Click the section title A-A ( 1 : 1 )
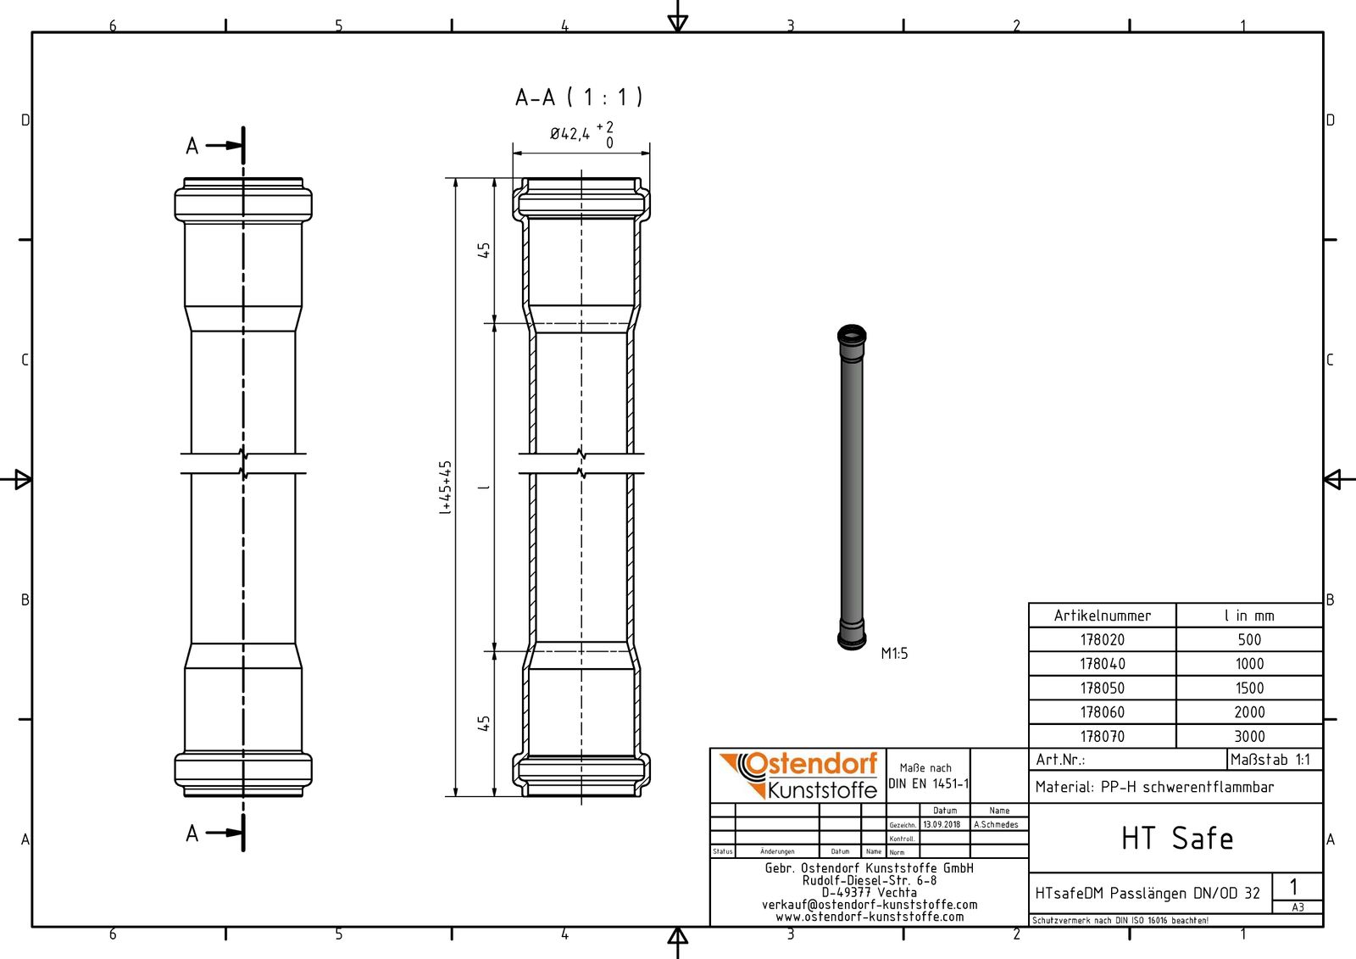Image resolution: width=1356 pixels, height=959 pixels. pos(579,98)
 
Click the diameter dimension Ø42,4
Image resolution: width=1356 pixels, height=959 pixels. pos(570,134)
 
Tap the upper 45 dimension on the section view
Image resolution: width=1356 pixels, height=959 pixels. pos(483,250)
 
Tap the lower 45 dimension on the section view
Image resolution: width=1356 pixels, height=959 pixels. pos(483,723)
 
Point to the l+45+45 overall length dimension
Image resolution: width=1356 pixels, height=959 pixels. pos(445,488)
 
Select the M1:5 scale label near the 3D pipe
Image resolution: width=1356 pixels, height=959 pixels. pos(894,654)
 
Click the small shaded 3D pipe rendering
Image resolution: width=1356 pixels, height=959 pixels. pos(852,488)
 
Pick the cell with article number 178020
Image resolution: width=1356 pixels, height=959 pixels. pos(1102,640)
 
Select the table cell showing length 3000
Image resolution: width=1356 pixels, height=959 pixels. pos(1249,737)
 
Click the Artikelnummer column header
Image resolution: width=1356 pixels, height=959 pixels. pos(1102,616)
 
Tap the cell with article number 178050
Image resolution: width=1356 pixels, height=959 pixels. pos(1102,689)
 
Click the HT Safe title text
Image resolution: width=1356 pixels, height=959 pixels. pos(1176,839)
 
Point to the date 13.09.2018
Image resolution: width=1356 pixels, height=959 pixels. pos(942,824)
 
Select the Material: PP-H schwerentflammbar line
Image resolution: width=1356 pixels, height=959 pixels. pos(1154,788)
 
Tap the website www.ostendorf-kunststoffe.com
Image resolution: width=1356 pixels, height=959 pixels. pos(870,917)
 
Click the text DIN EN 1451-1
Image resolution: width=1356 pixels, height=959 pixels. pos(928,783)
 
